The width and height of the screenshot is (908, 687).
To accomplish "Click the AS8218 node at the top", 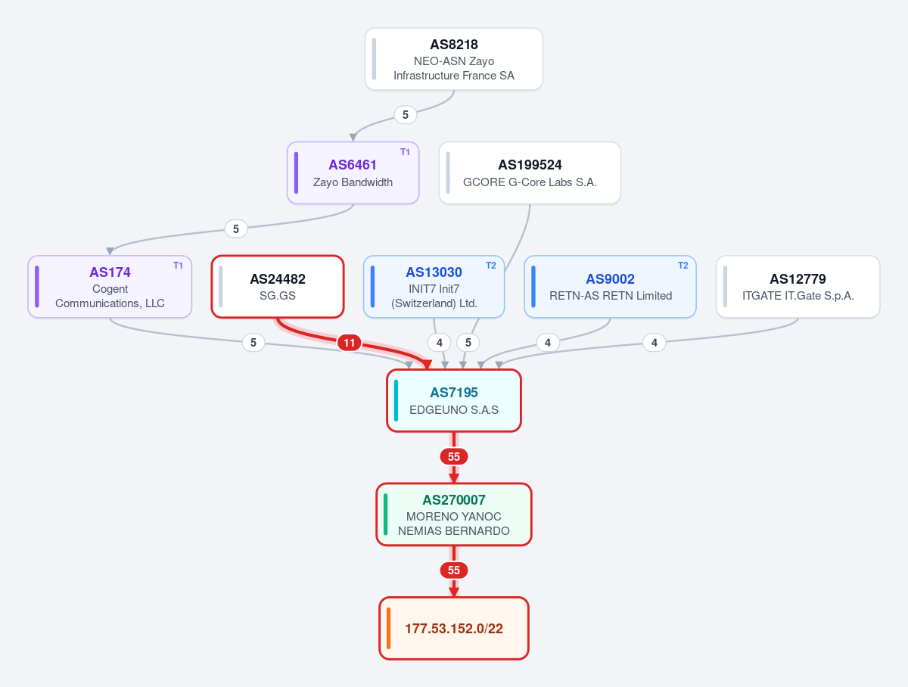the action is tap(454, 59).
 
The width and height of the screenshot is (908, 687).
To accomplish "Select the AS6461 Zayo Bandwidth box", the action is tap(353, 173).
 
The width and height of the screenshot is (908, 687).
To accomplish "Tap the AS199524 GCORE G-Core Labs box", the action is tap(530, 173).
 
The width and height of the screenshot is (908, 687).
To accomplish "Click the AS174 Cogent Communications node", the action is tap(110, 287).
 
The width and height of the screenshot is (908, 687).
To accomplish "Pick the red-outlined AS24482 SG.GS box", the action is tap(278, 287).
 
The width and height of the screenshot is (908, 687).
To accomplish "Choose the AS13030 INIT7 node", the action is tap(434, 287).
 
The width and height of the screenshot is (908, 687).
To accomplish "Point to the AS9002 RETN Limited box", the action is tap(610, 287).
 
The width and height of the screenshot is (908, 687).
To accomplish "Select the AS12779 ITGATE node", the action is tap(798, 287).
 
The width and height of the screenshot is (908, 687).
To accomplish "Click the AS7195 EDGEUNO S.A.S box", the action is tap(454, 400).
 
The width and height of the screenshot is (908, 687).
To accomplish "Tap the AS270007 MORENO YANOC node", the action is tap(454, 514).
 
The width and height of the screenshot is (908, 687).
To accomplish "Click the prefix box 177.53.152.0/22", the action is tap(454, 628).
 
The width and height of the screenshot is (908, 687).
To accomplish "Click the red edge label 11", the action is tap(349, 343).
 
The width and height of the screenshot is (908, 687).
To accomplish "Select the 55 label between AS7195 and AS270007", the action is tap(454, 457).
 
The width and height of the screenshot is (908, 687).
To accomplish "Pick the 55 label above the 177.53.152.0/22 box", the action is tap(454, 570).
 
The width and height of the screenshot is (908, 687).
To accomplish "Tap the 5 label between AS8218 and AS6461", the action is tap(406, 114).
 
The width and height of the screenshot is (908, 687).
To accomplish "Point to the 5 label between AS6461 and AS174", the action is tap(236, 228).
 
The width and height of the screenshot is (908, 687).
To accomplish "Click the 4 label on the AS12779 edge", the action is tap(654, 343).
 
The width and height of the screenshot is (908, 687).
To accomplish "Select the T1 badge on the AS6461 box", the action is tap(405, 152).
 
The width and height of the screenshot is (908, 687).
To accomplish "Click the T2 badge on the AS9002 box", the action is tap(683, 265).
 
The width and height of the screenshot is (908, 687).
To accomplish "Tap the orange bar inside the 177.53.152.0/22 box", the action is tap(388, 628).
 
